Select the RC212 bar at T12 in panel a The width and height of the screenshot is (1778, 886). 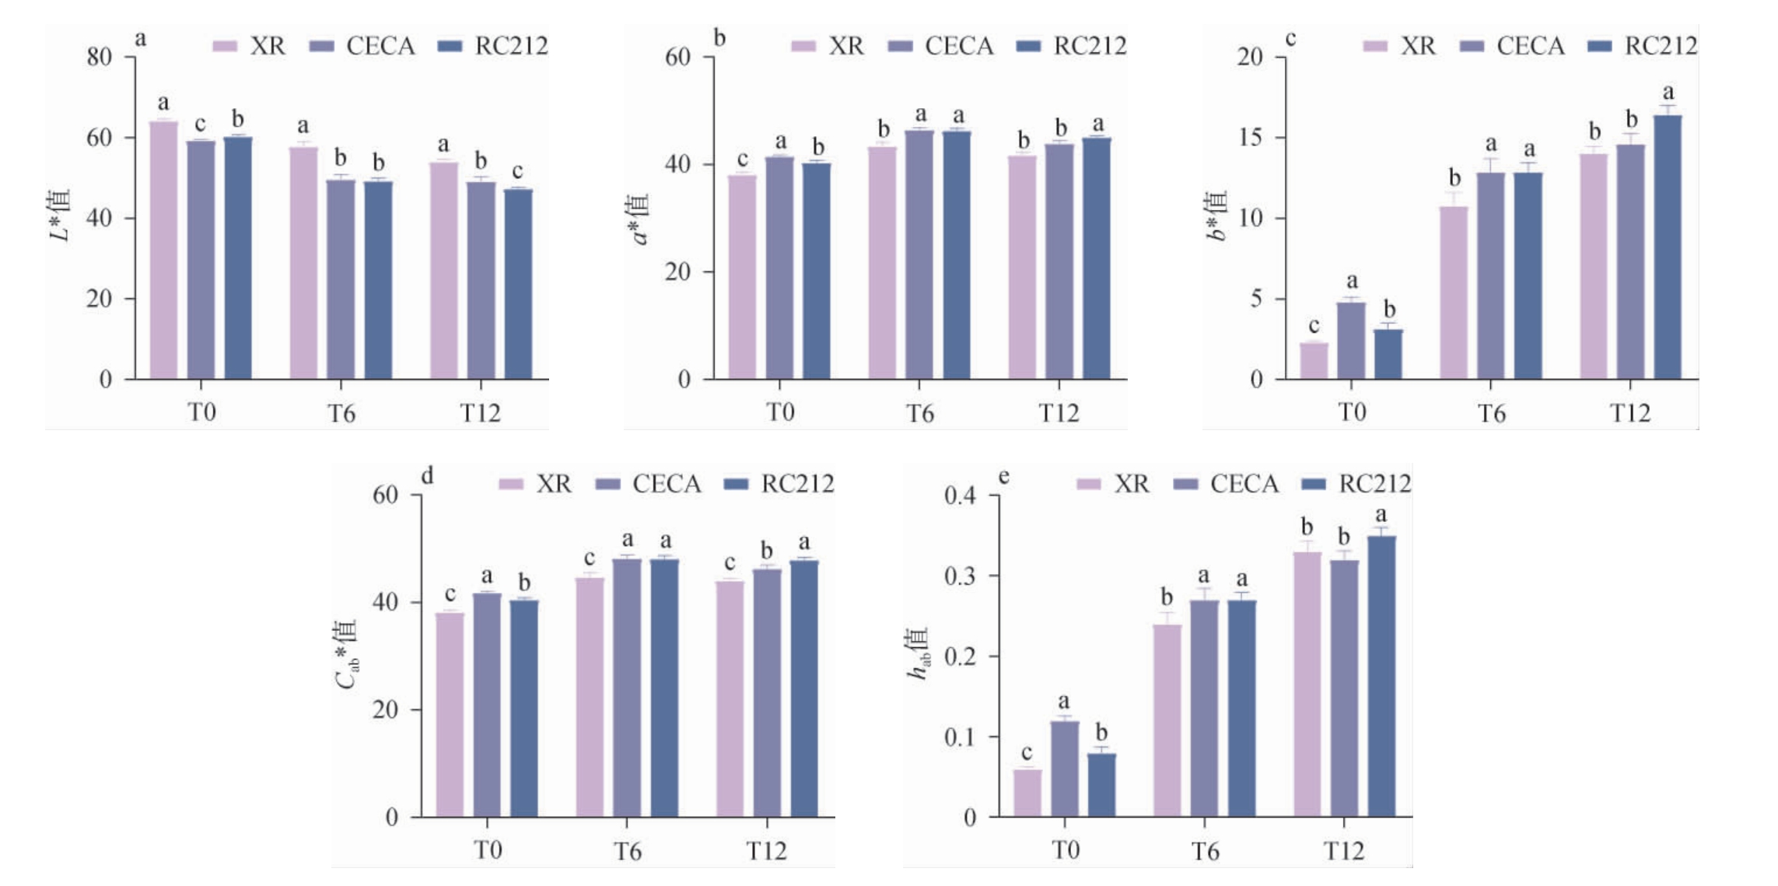tap(518, 284)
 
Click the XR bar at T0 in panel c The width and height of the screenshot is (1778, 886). tap(1314, 361)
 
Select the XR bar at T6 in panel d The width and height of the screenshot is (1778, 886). tap(590, 697)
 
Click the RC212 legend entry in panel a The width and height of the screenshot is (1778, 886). tap(495, 47)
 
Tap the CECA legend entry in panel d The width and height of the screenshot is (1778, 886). tap(649, 485)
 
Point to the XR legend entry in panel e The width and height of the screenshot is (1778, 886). tap(1113, 485)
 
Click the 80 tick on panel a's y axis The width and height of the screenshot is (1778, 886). tap(100, 57)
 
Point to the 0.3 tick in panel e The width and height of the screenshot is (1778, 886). tap(960, 576)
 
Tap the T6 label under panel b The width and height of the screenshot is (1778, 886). tap(919, 413)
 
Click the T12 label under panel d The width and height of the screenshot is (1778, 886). tap(767, 851)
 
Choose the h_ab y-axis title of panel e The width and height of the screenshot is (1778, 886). tap(919, 653)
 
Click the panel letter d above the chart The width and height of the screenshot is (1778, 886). tap(427, 476)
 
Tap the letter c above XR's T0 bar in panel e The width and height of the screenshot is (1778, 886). tap(1027, 753)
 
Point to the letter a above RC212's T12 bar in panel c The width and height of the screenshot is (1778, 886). tap(1668, 93)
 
